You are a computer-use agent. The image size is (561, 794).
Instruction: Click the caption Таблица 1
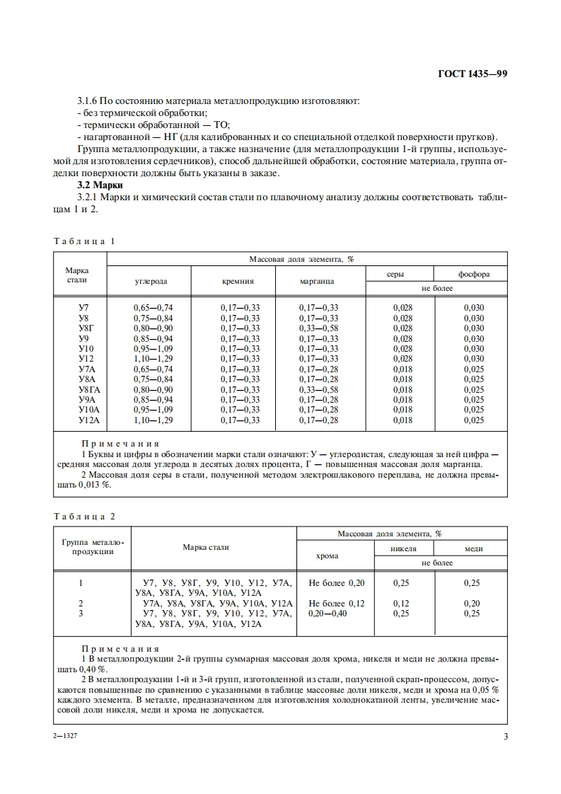pos(84,241)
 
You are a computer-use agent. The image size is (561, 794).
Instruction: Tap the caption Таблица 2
pos(84,517)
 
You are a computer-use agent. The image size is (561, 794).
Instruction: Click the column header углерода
pos(151,281)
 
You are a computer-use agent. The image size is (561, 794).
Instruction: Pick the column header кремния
pos(238,281)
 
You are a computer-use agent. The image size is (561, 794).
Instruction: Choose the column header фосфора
pos(473,274)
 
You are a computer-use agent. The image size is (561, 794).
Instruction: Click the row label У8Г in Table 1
pos(84,328)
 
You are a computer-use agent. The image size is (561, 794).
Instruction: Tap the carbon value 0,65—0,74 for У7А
pos(153,369)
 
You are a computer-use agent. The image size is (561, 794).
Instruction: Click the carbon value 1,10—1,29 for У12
pos(153,359)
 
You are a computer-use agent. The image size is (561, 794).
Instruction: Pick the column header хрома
pos(324,556)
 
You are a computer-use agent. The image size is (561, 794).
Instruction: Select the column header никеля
pos(403,548)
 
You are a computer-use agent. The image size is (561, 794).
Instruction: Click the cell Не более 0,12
pos(337,603)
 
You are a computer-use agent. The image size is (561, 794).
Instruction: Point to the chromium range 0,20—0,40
pos(328,614)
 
